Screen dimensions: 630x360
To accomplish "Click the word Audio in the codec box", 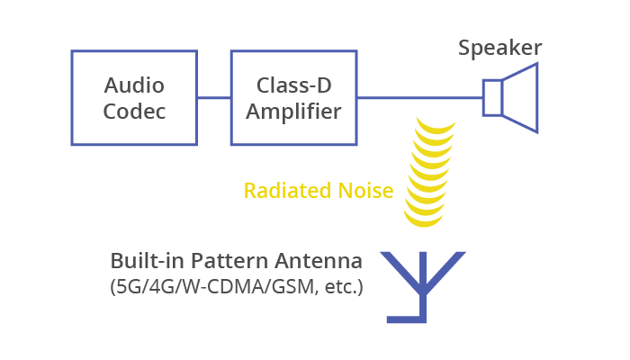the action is point(134,85).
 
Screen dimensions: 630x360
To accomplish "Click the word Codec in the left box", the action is point(134,112).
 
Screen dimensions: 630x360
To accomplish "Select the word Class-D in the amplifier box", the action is point(294,85).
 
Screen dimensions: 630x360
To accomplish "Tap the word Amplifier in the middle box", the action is point(293,112).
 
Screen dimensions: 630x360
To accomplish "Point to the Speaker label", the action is point(499,49).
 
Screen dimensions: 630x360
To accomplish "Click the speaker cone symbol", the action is point(520,97).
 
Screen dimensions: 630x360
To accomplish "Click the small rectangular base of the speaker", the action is point(492,97).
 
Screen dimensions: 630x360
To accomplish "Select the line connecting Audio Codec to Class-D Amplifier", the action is point(214,97).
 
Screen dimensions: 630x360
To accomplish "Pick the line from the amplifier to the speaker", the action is point(420,97).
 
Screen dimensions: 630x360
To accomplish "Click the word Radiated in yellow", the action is point(288,191).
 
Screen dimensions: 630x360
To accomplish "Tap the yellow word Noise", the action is point(365,191).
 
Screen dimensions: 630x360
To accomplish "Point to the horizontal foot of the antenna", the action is point(406,319).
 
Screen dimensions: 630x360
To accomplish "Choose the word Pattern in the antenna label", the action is point(229,261).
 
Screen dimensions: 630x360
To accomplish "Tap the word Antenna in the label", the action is point(319,261).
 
